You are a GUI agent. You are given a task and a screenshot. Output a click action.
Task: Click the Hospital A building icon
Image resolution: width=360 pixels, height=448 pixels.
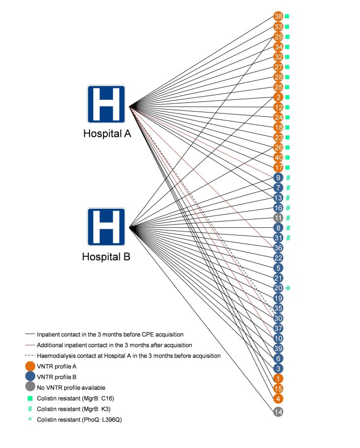(106, 104)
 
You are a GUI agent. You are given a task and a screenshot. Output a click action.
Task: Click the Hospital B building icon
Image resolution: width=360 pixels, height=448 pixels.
(106, 227)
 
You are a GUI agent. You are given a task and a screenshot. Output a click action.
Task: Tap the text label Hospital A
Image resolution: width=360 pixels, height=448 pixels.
(107, 134)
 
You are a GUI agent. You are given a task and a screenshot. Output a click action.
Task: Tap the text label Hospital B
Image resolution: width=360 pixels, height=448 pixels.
(106, 256)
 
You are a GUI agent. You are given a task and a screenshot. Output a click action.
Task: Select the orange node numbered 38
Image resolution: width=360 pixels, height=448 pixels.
(278, 16)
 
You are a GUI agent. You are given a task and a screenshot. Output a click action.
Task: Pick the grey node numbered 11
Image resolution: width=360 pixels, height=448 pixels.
(278, 218)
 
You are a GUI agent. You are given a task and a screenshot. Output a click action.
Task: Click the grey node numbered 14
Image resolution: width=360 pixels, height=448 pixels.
(278, 411)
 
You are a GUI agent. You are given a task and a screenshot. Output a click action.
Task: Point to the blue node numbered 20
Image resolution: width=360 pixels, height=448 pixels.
(278, 288)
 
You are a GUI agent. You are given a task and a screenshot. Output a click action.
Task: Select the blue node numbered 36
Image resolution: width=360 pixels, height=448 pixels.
(278, 248)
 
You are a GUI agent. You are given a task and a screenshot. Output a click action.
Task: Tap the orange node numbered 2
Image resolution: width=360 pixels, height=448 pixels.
(278, 97)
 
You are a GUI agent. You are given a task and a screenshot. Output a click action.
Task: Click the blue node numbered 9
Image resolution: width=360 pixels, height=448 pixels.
(278, 177)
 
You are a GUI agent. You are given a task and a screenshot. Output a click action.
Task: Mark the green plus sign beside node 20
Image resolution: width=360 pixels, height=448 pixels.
(288, 288)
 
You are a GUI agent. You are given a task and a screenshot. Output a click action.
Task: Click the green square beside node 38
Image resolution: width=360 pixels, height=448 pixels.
(287, 16)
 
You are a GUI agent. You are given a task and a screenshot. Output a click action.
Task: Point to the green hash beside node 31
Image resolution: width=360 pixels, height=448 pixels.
(289, 238)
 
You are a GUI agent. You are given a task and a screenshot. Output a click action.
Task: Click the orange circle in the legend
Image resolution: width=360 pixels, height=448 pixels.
(30, 367)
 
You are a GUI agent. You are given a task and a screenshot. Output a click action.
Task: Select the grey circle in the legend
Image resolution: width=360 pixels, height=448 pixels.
(30, 387)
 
